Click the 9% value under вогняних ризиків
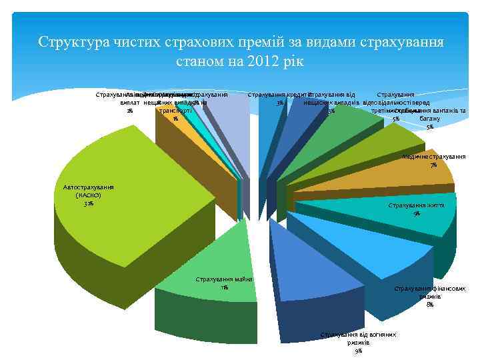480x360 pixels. [x=359, y=350]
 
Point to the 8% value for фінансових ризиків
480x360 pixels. [x=430, y=304]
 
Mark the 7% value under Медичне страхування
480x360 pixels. [x=434, y=165]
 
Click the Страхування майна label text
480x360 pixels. [x=224, y=279]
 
